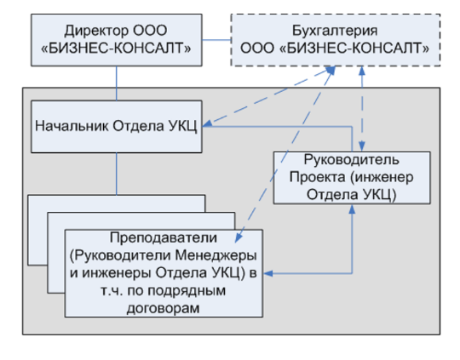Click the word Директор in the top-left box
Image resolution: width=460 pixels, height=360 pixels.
click(x=97, y=31)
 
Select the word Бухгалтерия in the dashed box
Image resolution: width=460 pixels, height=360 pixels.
click(x=335, y=31)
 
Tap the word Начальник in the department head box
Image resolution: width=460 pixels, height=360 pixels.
click(x=72, y=126)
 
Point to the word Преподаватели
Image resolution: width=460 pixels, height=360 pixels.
click(x=164, y=237)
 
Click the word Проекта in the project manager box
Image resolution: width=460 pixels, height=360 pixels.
click(x=318, y=177)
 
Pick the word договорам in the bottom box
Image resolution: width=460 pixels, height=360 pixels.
click(x=164, y=308)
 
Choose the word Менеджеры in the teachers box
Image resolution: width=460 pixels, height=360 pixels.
click(x=216, y=255)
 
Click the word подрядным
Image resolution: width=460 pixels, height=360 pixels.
click(x=187, y=291)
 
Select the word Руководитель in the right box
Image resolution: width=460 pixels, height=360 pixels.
click(x=352, y=160)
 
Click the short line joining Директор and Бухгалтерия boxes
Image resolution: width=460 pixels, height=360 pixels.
click(x=216, y=40)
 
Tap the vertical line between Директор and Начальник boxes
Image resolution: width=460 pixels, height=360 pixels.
click(x=117, y=83)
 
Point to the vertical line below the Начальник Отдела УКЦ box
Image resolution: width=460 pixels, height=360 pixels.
click(x=117, y=174)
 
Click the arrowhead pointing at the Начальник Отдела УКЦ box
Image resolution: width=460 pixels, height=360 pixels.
click(x=207, y=124)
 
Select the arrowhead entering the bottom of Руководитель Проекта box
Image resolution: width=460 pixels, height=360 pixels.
click(x=352, y=209)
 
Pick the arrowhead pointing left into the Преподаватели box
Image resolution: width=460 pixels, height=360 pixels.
click(x=268, y=273)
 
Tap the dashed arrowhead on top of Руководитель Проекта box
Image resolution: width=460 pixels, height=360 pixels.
click(x=362, y=146)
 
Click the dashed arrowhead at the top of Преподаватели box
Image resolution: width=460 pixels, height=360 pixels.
click(x=239, y=237)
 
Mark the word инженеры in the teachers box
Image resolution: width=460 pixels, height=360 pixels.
click(x=117, y=273)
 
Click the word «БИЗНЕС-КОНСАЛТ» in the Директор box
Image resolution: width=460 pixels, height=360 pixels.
click(x=116, y=49)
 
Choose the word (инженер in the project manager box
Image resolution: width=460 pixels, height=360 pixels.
click(x=382, y=177)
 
